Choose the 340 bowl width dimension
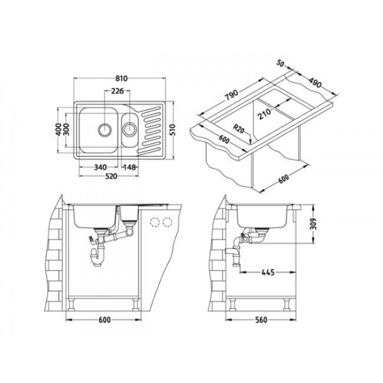coord(100,167)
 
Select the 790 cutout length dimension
coord(231,94)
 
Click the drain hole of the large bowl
coord(103,128)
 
